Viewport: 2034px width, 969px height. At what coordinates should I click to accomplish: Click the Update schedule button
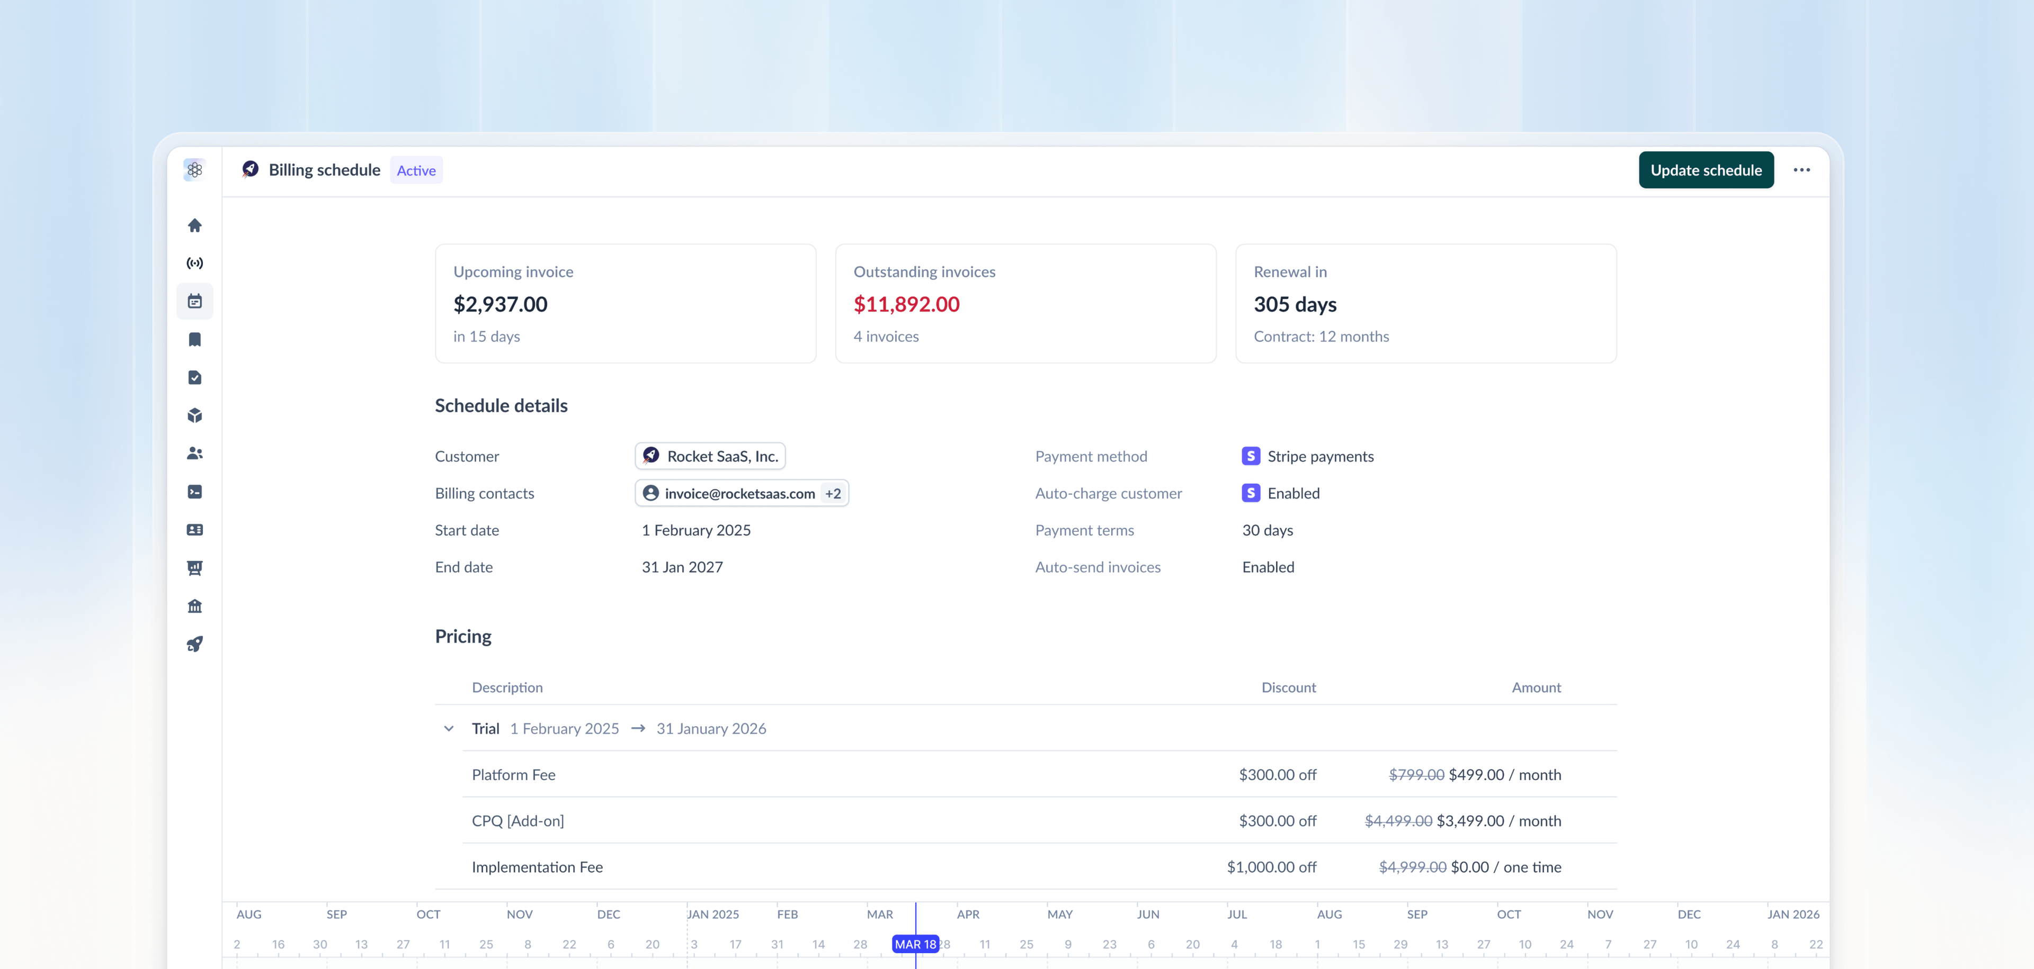[x=1706, y=170]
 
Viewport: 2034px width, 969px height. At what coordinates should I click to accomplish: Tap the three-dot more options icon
[x=1801, y=170]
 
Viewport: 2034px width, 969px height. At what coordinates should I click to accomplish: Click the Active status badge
[x=416, y=170]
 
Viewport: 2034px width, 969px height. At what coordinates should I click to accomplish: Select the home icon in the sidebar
[x=195, y=225]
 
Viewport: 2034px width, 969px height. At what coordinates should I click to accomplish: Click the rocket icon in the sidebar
[x=195, y=644]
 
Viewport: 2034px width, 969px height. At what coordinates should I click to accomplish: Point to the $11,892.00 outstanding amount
[x=906, y=305]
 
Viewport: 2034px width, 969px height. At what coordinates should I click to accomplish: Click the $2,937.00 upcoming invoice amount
[x=500, y=305]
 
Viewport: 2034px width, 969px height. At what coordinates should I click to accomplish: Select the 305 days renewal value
[x=1295, y=305]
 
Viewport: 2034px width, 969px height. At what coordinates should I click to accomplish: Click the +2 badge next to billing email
[x=833, y=494]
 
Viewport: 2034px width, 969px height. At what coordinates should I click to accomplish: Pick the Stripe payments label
[x=1320, y=456]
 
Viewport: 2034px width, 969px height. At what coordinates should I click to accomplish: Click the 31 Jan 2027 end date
[x=682, y=567]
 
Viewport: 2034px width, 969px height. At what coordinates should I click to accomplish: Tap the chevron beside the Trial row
[x=449, y=728]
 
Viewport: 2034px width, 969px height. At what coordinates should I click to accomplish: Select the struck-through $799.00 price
[x=1416, y=775]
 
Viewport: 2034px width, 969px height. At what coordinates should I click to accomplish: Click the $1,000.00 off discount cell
[x=1271, y=867]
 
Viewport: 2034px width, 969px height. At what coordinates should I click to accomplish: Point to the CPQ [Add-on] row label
[x=518, y=821]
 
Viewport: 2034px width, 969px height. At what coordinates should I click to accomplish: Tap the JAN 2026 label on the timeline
[x=1793, y=914]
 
